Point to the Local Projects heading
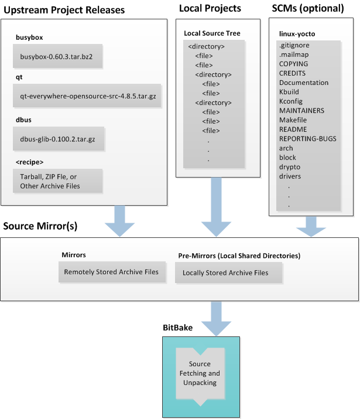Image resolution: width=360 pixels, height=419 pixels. coord(210,8)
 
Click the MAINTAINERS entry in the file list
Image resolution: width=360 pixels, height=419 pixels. coord(301,111)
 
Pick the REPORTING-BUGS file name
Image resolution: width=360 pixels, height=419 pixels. coord(307,139)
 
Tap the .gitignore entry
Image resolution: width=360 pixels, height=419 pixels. coord(294,45)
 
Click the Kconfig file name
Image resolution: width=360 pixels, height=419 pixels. coord(290,101)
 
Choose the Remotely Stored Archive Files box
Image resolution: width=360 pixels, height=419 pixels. coord(111,272)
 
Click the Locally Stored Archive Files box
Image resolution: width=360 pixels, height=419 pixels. coord(225,272)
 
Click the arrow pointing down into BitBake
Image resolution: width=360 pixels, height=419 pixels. coord(216,319)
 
